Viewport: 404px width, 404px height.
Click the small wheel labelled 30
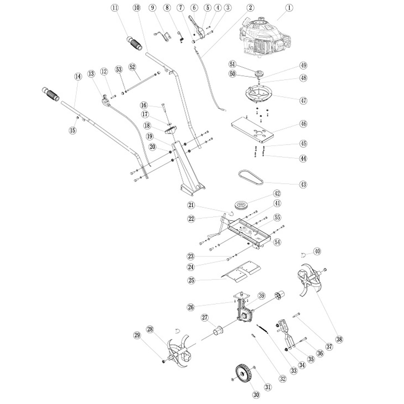(242, 374)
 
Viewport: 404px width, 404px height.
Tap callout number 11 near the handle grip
(115, 7)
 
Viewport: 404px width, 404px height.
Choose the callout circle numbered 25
(192, 280)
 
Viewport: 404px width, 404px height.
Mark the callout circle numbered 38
(339, 340)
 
